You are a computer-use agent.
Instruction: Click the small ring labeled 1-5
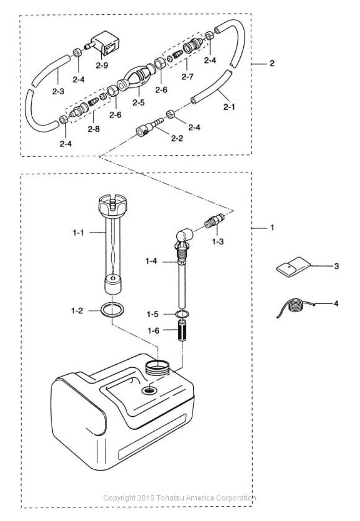[183, 314]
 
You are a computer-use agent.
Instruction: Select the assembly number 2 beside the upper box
[271, 64]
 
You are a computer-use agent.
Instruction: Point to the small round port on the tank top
[149, 391]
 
